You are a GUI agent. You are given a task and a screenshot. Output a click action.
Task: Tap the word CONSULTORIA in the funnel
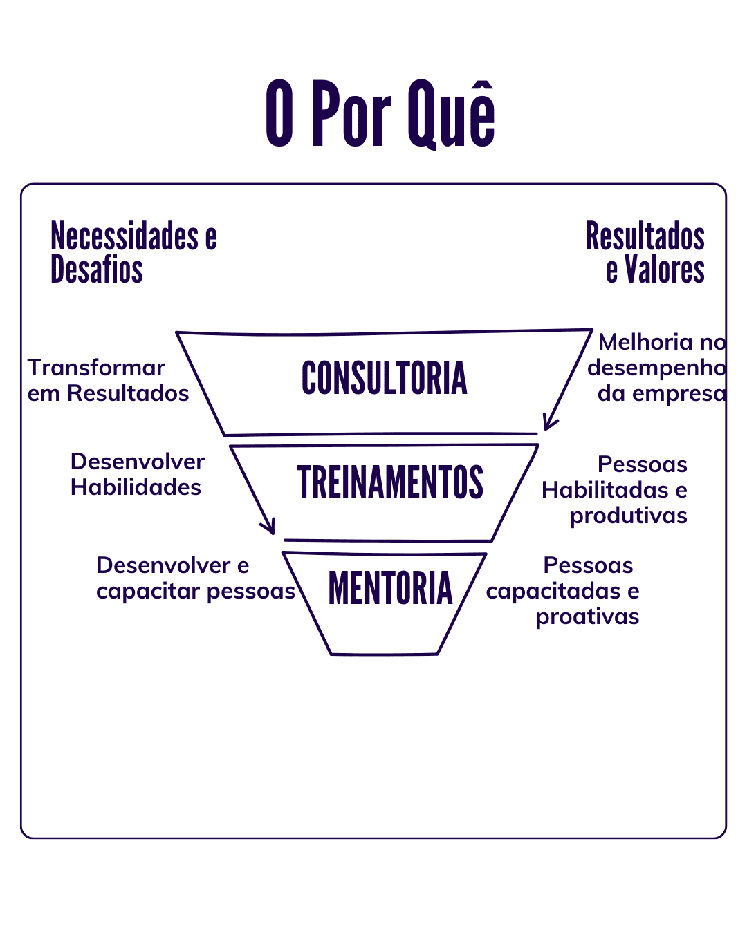[384, 377]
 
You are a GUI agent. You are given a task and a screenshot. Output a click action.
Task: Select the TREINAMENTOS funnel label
[390, 482]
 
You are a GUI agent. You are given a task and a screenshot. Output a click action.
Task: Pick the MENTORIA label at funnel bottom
[390, 587]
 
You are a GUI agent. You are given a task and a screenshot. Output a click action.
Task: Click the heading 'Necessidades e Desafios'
[133, 252]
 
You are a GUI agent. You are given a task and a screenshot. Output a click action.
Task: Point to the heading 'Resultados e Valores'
[645, 252]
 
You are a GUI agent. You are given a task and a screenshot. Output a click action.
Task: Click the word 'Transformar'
[96, 368]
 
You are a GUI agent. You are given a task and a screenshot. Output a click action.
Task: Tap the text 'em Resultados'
[108, 393]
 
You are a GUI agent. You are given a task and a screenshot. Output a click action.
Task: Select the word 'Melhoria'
[645, 342]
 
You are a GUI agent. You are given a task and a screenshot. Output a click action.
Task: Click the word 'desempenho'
[656, 368]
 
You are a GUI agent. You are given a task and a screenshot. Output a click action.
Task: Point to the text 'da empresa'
[662, 393]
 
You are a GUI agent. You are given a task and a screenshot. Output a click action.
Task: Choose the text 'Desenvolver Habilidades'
[138, 474]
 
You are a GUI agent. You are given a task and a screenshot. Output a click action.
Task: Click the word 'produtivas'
[629, 516]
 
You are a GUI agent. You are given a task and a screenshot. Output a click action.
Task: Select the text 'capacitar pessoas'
[196, 591]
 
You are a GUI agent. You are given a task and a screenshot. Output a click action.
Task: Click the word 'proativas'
[588, 616]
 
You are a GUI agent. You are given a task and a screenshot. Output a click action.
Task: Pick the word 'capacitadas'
[553, 591]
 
